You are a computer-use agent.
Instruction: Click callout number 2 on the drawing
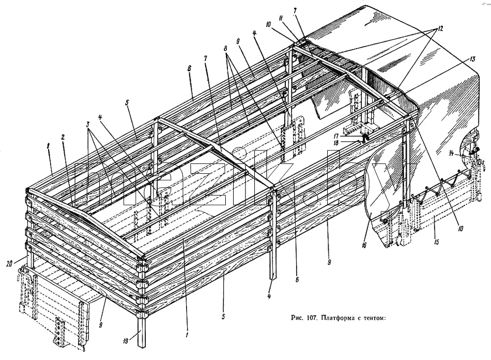coord(63,137)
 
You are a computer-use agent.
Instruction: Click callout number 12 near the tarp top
coord(440,28)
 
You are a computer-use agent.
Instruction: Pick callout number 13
coord(472,58)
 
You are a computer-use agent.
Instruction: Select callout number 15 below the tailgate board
coord(437,242)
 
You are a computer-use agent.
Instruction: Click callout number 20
coord(9,264)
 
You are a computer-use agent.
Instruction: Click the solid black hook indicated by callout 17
coord(364,137)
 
